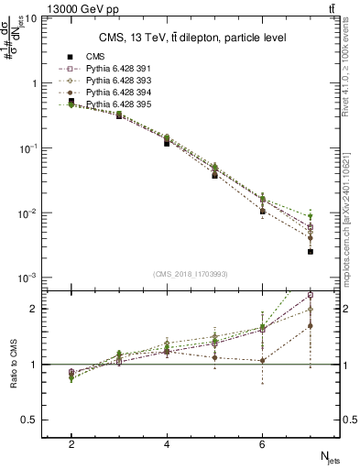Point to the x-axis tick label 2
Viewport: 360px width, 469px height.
71,443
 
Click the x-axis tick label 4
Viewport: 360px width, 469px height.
167,443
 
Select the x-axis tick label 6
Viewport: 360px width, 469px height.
262,443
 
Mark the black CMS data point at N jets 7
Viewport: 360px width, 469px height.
311,251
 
